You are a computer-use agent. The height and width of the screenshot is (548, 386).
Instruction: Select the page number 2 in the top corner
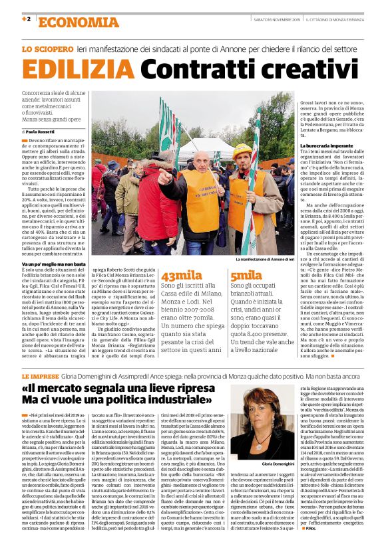click(29, 19)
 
